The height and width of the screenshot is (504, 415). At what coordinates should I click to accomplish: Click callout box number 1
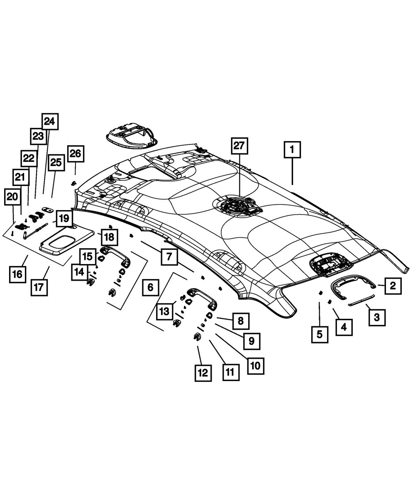pyautogui.click(x=292, y=149)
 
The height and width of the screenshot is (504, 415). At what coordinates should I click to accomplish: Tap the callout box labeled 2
pyautogui.click(x=393, y=286)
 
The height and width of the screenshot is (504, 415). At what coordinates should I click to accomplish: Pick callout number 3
pyautogui.click(x=376, y=318)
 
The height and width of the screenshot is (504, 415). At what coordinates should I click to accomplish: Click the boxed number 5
pyautogui.click(x=320, y=334)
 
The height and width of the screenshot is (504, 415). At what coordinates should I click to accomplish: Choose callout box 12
pyautogui.click(x=203, y=372)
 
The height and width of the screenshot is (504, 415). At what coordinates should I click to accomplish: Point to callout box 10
pyautogui.click(x=255, y=365)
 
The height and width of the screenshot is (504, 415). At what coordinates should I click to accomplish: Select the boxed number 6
pyautogui.click(x=150, y=287)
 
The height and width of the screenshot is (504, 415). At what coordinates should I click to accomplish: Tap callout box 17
pyautogui.click(x=39, y=287)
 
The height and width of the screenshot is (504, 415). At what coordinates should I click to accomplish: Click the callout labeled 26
pyautogui.click(x=75, y=154)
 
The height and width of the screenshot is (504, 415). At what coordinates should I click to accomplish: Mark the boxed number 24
pyautogui.click(x=49, y=122)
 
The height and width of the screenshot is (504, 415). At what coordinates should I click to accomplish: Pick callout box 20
pyautogui.click(x=12, y=196)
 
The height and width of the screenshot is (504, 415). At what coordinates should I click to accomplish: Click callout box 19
pyautogui.click(x=63, y=217)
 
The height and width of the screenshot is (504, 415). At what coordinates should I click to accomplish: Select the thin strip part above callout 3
pyautogui.click(x=361, y=300)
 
